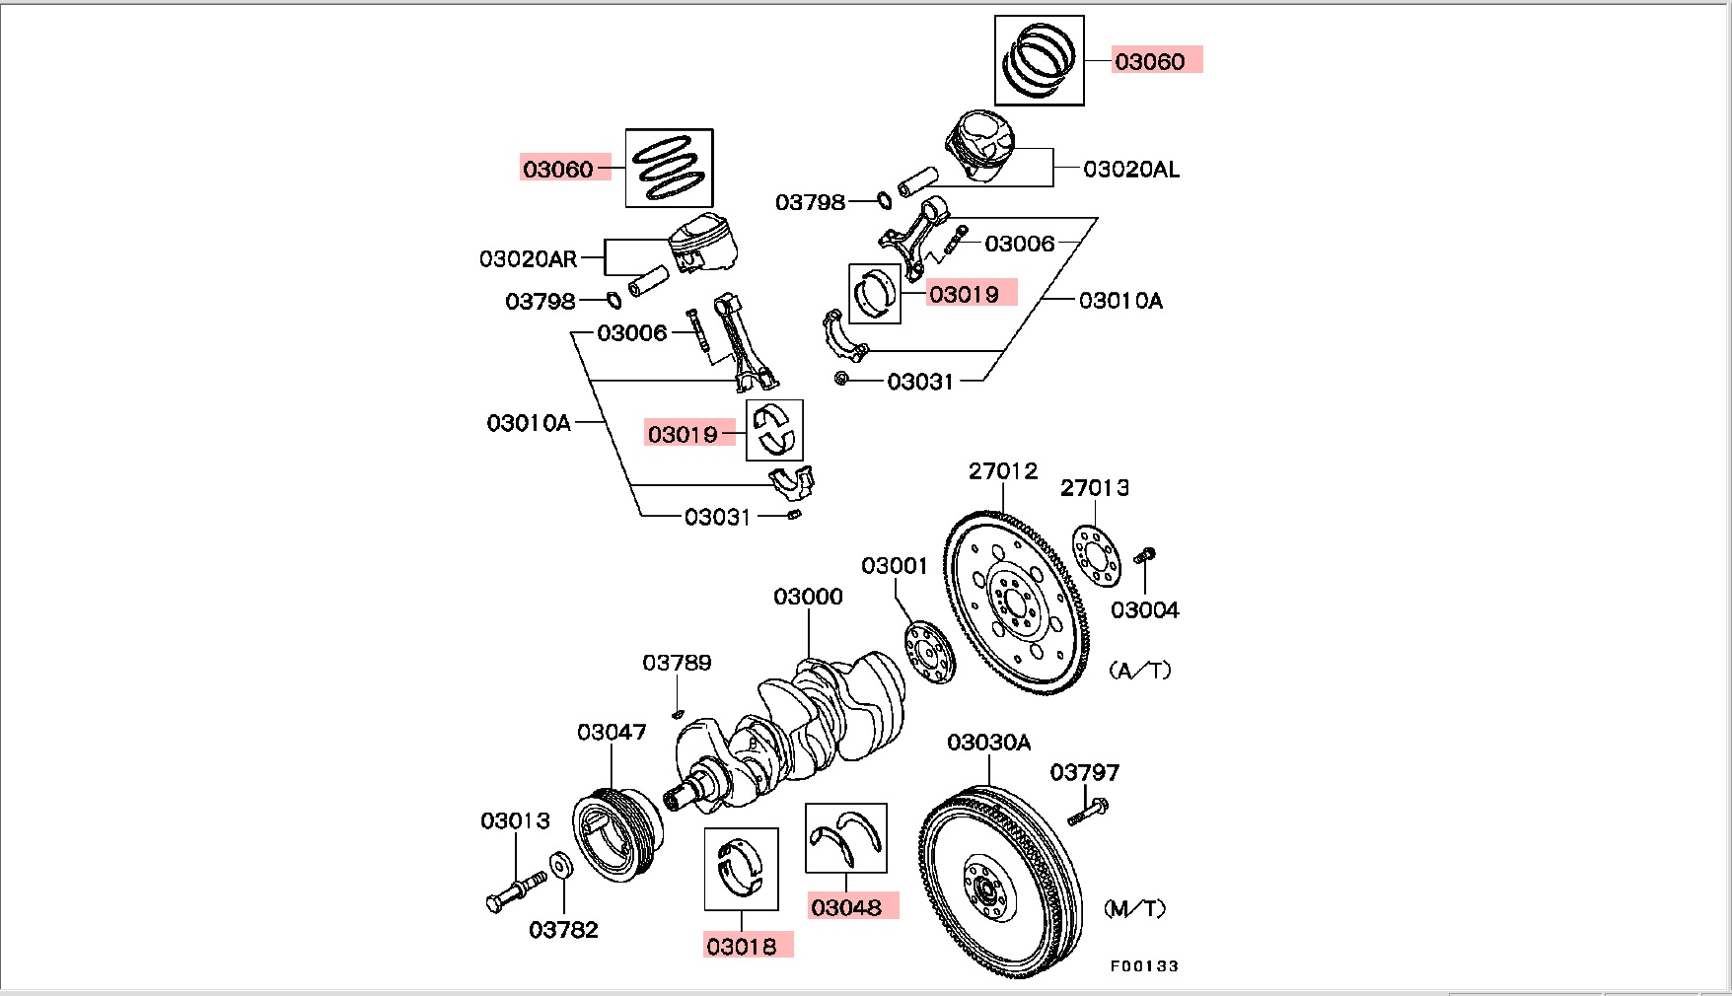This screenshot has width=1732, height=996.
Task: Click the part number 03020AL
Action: pos(1130,170)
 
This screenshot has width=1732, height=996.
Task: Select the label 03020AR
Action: pos(528,259)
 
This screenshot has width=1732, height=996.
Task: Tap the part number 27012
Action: pos(1002,471)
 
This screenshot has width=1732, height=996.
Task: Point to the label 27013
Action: pos(1094,487)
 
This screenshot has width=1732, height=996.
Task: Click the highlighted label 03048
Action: pos(846,907)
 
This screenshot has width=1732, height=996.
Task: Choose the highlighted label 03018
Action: pos(741,947)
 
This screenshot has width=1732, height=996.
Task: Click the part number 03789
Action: pos(677,663)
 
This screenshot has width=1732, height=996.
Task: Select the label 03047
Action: pos(612,732)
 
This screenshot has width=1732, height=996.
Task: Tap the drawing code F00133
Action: pos(1144,966)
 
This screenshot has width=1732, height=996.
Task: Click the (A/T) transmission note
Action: pos(1140,671)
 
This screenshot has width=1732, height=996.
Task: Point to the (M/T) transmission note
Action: pos(1134,908)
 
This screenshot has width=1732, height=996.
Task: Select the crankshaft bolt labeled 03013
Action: pos(515,889)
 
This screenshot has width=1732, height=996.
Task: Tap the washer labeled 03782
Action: pos(560,866)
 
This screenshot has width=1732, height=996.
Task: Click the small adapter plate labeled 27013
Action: pos(1096,554)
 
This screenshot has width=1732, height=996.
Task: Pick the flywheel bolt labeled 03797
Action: pos(1087,812)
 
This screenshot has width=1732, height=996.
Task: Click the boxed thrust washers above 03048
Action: pos(845,838)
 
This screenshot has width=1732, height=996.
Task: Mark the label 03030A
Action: pos(988,743)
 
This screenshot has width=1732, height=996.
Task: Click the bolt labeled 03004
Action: pos(1144,557)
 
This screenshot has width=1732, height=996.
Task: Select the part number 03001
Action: pos(894,566)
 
